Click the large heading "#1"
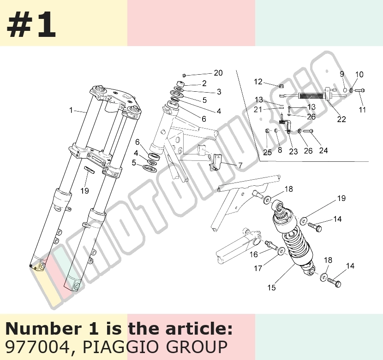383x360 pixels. pyautogui.click(x=31, y=24)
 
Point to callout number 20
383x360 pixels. pyautogui.click(x=218, y=73)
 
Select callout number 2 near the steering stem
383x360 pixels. pyautogui.click(x=204, y=83)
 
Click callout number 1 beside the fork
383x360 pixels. pyautogui.click(x=71, y=110)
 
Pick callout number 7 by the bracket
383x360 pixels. pyautogui.click(x=240, y=165)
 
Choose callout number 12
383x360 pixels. pyautogui.click(x=258, y=82)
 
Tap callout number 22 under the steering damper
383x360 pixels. pyautogui.click(x=341, y=119)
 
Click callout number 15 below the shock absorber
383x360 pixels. pyautogui.click(x=271, y=288)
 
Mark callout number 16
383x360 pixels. pyautogui.click(x=253, y=254)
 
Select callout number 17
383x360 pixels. pyautogui.click(x=258, y=268)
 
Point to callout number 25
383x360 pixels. pyautogui.click(x=268, y=152)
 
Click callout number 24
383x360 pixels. pyautogui.click(x=323, y=150)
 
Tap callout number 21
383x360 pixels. pyautogui.click(x=257, y=110)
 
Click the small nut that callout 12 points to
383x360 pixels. pyautogui.click(x=281, y=86)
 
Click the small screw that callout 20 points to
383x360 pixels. pyautogui.click(x=185, y=75)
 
